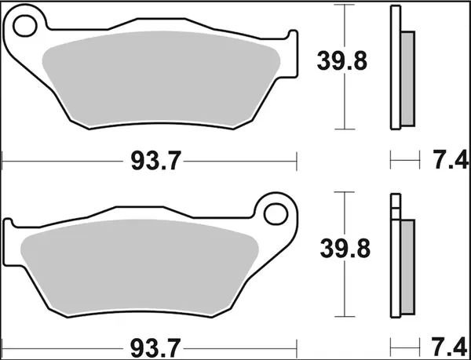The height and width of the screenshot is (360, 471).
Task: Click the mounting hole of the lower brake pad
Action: point(277,213)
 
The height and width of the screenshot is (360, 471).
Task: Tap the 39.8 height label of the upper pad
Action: point(342,60)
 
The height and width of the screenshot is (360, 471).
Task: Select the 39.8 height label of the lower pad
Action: point(342,249)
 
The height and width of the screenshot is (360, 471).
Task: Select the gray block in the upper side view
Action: point(407,78)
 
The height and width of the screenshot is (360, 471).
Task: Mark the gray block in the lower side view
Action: point(407,267)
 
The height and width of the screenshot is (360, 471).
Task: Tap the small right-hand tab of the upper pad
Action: point(294,55)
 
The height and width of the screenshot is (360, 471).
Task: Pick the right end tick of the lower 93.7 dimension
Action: point(298,346)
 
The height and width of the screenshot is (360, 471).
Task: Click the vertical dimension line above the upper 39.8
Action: point(343,24)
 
